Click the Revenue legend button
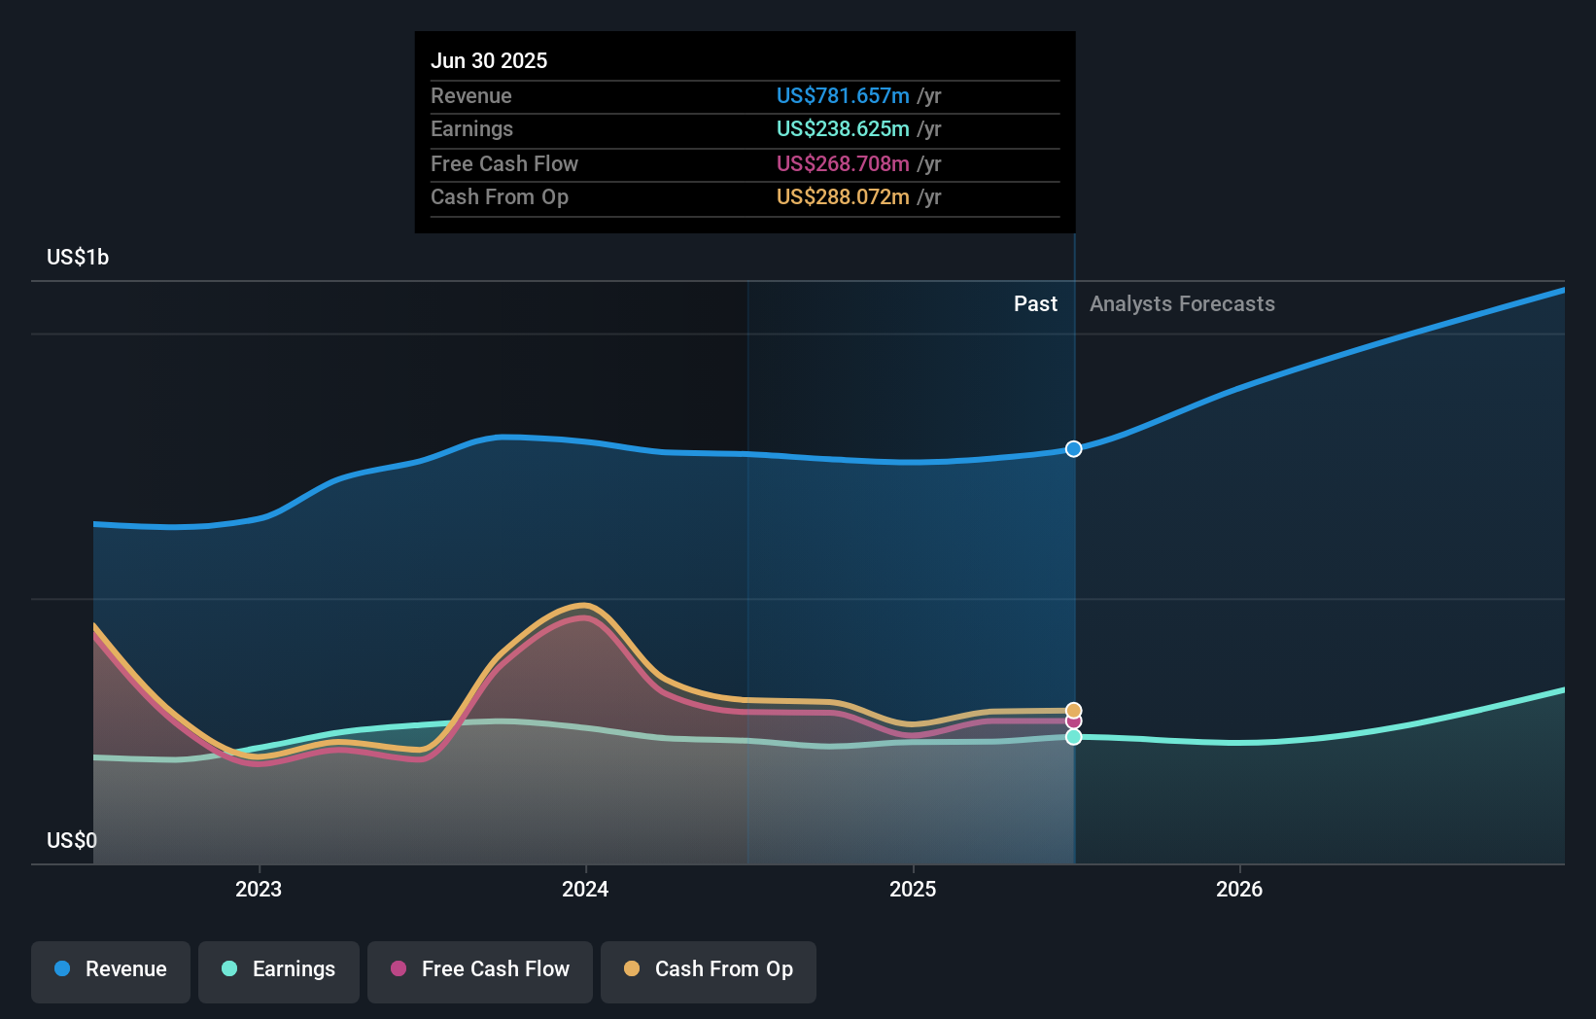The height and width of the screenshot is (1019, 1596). pyautogui.click(x=111, y=969)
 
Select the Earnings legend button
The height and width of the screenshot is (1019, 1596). pyautogui.click(x=279, y=969)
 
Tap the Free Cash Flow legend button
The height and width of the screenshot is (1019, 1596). pyautogui.click(x=480, y=969)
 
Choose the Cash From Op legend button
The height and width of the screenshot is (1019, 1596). pyautogui.click(x=709, y=969)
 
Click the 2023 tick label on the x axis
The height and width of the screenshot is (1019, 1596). pyautogui.click(x=259, y=889)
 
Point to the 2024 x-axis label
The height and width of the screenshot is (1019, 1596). pyautogui.click(x=585, y=889)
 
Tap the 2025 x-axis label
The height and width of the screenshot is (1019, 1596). pyautogui.click(x=913, y=889)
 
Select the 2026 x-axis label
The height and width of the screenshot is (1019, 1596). pyautogui.click(x=1239, y=889)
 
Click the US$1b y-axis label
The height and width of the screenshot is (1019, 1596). pyautogui.click(x=78, y=257)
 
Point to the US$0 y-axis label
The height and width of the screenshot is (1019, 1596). pyautogui.click(x=72, y=840)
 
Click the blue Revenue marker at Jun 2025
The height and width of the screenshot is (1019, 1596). pyautogui.click(x=1073, y=449)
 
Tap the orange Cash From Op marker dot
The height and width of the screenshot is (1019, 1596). pyautogui.click(x=1073, y=711)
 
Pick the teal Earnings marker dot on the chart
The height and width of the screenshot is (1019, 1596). pyautogui.click(x=1073, y=737)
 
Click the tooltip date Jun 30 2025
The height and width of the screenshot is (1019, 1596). pyautogui.click(x=489, y=60)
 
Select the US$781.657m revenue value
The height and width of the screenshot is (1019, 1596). pyautogui.click(x=843, y=95)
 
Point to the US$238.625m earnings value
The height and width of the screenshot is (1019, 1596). pyautogui.click(x=843, y=128)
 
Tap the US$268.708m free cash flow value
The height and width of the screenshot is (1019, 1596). pyautogui.click(x=843, y=163)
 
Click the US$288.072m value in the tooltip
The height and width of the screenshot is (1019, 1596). pyautogui.click(x=843, y=196)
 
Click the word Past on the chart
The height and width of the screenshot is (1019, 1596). pyautogui.click(x=1035, y=303)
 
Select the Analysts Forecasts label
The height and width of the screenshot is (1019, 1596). pyautogui.click(x=1182, y=303)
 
